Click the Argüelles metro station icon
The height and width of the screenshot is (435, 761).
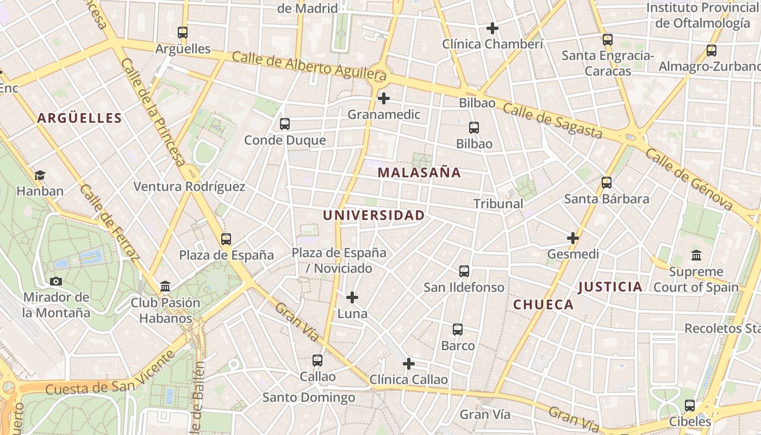(183, 33)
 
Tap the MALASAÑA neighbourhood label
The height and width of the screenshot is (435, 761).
(419, 173)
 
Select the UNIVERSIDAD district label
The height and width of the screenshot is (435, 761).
(374, 215)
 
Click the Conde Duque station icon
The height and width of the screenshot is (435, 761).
(285, 124)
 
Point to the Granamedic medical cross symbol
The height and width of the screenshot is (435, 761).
(384, 98)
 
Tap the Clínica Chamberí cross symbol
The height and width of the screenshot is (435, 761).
(492, 28)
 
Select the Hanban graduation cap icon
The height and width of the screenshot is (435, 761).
(40, 175)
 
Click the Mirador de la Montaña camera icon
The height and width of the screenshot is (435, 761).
(56, 281)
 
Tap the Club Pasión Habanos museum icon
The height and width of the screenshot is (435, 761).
(165, 286)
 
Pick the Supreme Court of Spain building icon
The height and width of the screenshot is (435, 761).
(696, 255)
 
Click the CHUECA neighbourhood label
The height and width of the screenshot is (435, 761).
(544, 304)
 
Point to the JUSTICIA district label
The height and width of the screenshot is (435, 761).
(610, 287)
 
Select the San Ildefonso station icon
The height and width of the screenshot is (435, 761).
(464, 271)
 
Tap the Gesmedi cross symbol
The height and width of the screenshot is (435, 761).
(573, 238)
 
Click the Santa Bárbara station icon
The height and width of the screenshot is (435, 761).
(607, 183)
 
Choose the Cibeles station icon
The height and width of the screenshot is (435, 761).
(690, 405)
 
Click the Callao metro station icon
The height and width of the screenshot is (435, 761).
(317, 360)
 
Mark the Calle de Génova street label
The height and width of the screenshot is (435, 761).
(689, 179)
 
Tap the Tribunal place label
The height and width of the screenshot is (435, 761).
(498, 204)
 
